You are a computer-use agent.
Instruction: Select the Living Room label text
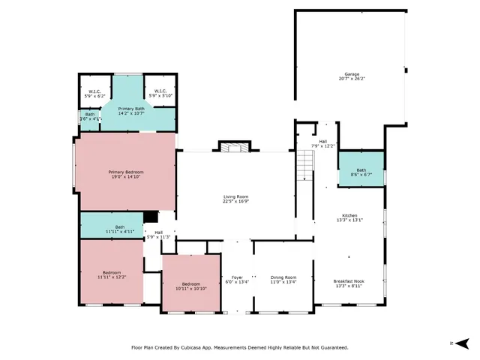coord(235,199)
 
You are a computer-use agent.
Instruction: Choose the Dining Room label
coord(283,280)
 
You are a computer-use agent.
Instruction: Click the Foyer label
coord(236,280)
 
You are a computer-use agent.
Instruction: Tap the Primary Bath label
coord(131,111)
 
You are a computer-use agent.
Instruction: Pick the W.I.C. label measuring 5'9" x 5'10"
coord(160,94)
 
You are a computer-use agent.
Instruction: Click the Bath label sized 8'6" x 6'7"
coord(361,172)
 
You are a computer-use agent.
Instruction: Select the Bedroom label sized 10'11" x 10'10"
coord(191,286)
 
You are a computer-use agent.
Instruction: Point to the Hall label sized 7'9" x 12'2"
coord(322,143)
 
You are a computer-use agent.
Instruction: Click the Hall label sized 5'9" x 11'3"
coord(159,235)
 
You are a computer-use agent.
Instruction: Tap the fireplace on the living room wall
coord(232,147)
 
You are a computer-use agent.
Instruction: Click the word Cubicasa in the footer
coord(203,347)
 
